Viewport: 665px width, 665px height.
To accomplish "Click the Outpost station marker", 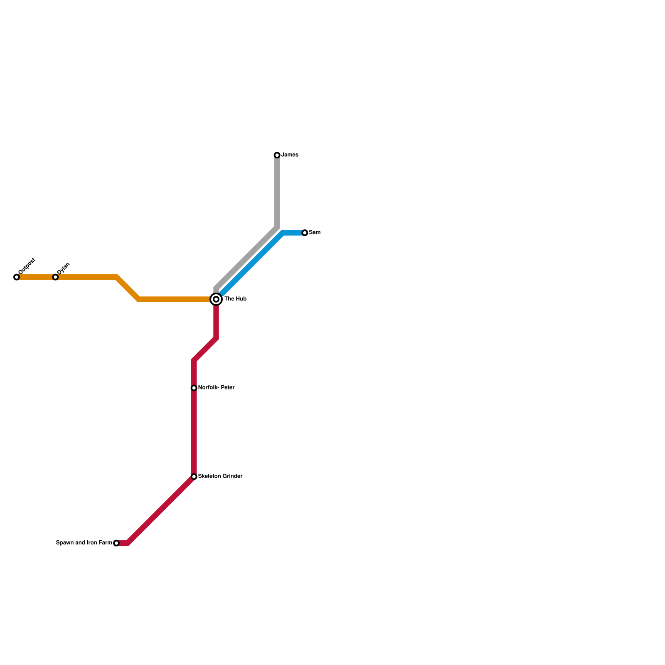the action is pyautogui.click(x=17, y=277).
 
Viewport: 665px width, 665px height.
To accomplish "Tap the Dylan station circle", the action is pyautogui.click(x=55, y=277).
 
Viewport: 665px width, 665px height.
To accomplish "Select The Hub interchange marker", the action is pyautogui.click(x=216, y=299).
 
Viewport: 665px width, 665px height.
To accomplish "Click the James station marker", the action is pyautogui.click(x=277, y=155).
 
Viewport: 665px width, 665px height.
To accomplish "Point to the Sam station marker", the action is pyautogui.click(x=305, y=233).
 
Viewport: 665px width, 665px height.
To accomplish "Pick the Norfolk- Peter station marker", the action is pyautogui.click(x=194, y=388).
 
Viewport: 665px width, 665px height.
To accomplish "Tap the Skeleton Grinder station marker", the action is pyautogui.click(x=194, y=477).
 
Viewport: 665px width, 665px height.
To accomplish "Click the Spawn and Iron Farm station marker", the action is pyautogui.click(x=116, y=543).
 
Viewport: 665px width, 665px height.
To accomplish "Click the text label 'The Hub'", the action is pyautogui.click(x=236, y=299).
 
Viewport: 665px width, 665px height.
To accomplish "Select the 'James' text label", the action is pyautogui.click(x=290, y=155).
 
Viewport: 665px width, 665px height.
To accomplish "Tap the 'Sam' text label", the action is pyautogui.click(x=315, y=233).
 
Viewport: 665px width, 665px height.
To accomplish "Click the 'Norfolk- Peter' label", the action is pyautogui.click(x=216, y=388).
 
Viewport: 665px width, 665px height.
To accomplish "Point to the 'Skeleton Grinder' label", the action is pyautogui.click(x=220, y=476).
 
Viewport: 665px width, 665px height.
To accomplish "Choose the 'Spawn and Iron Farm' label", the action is pyautogui.click(x=84, y=543).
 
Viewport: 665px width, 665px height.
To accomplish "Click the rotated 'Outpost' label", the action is pyautogui.click(x=27, y=266).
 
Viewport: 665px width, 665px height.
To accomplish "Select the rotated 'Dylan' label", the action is pyautogui.click(x=64, y=268).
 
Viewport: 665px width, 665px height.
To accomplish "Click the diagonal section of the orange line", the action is pyautogui.click(x=128, y=288).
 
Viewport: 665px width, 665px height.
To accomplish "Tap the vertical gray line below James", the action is pyautogui.click(x=277, y=191).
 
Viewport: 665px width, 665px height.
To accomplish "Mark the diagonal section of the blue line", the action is pyautogui.click(x=251, y=264).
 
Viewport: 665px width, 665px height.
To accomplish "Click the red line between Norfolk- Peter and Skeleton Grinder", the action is pyautogui.click(x=194, y=432).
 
